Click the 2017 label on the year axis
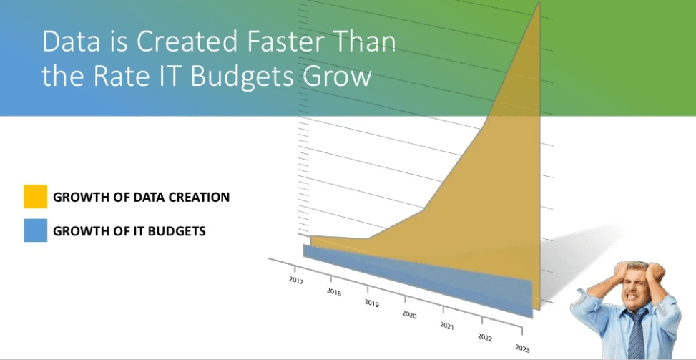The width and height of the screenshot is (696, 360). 295,280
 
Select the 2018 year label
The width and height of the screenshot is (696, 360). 334,291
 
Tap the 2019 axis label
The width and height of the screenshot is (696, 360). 371,303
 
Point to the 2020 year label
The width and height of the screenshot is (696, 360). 409,315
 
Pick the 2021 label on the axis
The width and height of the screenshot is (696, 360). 447,326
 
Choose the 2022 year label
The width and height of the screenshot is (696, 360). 485,337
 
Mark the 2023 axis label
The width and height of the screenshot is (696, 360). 522,349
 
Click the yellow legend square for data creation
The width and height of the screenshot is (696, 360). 36,196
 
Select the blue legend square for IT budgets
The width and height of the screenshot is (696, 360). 36,230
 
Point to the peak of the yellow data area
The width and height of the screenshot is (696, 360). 539,3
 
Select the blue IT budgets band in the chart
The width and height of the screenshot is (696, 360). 417,281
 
